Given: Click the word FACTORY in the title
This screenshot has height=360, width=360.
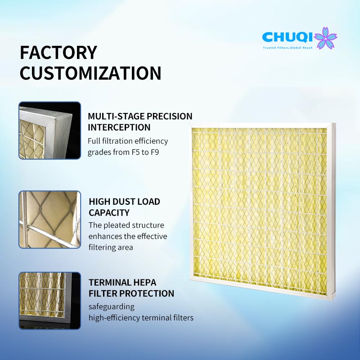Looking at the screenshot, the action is (58, 53).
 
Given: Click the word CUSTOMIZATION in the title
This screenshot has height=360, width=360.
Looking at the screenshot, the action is (90, 73).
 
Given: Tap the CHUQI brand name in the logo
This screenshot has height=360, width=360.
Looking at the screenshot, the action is (288, 37).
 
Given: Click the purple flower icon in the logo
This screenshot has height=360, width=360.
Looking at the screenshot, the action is (325, 38).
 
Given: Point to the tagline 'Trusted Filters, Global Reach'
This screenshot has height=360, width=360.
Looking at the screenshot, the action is (288, 48).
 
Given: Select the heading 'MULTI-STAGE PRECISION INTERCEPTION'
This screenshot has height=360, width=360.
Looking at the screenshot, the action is (140, 121).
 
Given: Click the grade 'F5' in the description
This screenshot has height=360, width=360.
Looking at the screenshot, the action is (135, 152).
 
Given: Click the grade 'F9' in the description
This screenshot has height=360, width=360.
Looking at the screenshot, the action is (155, 152).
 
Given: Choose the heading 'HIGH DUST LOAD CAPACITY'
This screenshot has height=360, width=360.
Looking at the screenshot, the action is (125, 207).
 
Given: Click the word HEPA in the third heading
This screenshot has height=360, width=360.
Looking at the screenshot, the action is (145, 283).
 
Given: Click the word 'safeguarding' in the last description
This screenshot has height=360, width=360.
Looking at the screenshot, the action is (112, 307).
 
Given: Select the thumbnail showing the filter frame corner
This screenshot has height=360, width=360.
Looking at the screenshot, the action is (49, 130).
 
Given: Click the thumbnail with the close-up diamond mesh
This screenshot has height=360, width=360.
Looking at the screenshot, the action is (49, 220).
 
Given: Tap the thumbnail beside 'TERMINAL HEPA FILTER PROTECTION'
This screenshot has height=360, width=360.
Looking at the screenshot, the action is (49, 301).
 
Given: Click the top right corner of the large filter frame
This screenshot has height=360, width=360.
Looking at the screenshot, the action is (335, 123).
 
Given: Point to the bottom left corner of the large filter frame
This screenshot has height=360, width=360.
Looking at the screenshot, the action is (190, 279).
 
